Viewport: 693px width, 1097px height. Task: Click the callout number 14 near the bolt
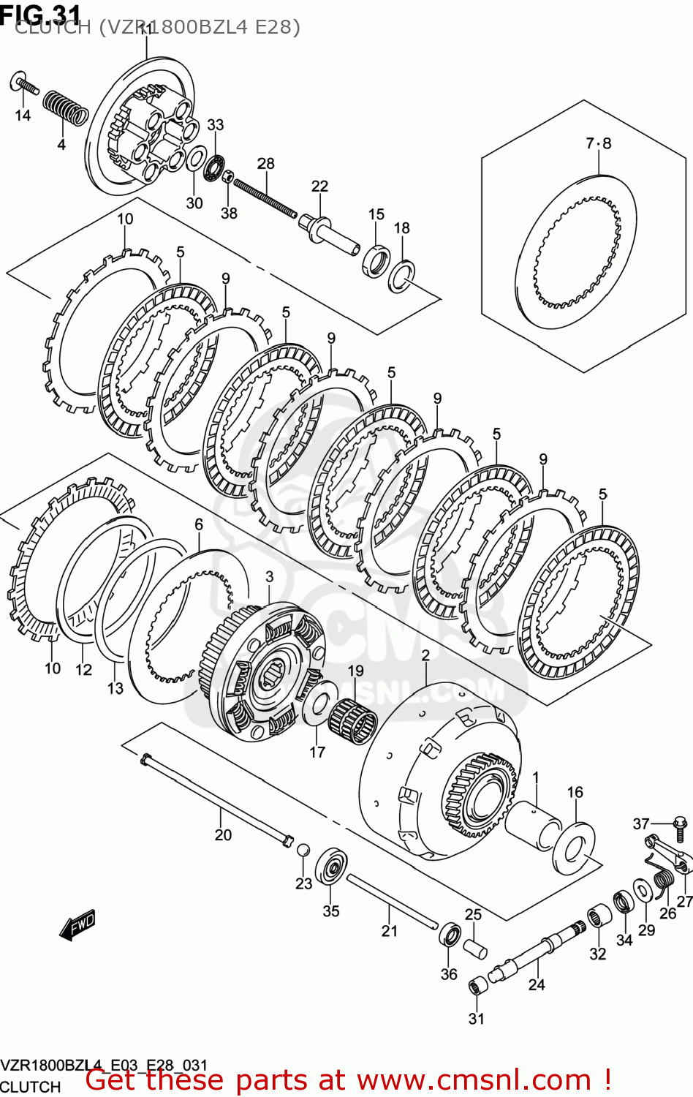click(x=23, y=116)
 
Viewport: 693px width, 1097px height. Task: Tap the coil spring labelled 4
click(x=64, y=108)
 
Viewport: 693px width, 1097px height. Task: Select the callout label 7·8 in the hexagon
click(x=598, y=143)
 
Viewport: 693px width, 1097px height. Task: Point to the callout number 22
click(x=319, y=186)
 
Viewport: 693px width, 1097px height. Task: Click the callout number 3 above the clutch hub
click(x=269, y=577)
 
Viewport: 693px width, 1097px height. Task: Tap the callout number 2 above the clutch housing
click(x=425, y=655)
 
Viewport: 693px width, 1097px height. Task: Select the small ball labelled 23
click(x=303, y=849)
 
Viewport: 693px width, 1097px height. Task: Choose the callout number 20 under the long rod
click(x=223, y=835)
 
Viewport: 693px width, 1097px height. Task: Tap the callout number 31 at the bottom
click(x=476, y=1019)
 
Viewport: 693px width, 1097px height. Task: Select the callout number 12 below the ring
click(x=83, y=669)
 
